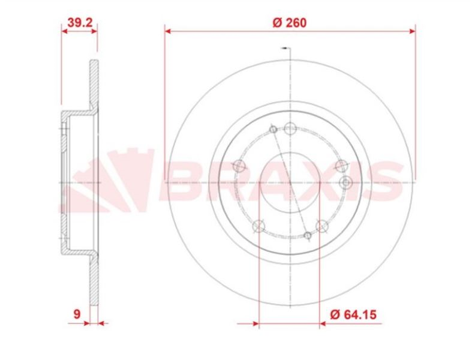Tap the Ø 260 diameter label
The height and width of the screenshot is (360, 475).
(x=290, y=23)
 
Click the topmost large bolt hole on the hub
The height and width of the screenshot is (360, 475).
(x=290, y=128)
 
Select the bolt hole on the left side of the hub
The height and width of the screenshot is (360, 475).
(x=239, y=166)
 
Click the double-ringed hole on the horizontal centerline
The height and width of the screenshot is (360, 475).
(x=346, y=182)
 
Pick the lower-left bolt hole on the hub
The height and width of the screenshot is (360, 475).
(x=259, y=226)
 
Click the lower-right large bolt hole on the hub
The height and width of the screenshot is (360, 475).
(x=321, y=226)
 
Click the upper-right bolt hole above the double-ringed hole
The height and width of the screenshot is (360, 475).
(x=341, y=166)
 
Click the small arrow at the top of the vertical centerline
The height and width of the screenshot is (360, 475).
(x=284, y=49)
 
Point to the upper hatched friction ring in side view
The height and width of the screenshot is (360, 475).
(x=93, y=84)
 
